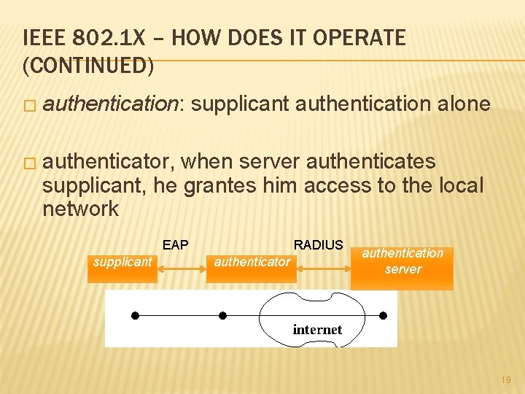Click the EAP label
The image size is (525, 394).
point(175,245)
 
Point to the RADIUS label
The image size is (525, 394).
point(318,245)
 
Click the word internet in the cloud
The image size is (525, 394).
point(317,330)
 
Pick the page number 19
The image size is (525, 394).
point(506,380)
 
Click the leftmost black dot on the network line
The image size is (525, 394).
point(135,315)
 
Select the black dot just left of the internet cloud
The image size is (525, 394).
point(223,315)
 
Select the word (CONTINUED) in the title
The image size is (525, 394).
point(88,66)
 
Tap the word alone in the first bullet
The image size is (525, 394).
point(463,104)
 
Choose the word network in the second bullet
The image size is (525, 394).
point(80,209)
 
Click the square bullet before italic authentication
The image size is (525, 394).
point(28,106)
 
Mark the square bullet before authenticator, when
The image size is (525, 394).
point(28,162)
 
